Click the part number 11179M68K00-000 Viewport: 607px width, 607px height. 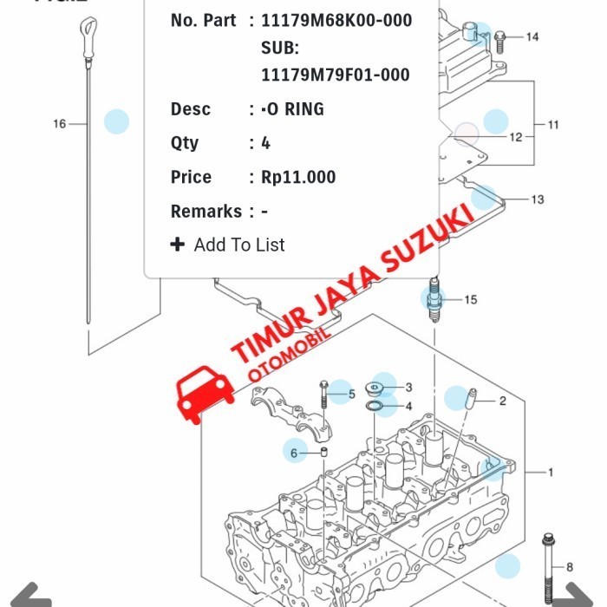tap(336, 20)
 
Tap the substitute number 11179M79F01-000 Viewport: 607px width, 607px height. tap(335, 75)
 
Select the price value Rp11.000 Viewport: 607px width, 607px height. tap(298, 177)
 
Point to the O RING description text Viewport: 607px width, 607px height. tap(293, 109)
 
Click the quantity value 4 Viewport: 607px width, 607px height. tap(265, 143)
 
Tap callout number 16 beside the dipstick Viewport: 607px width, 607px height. tap(59, 124)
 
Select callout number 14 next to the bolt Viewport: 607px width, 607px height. tap(532, 36)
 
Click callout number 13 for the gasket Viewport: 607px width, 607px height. tap(538, 199)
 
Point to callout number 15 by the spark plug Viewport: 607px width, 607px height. tap(470, 300)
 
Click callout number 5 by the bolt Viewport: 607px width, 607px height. tap(351, 395)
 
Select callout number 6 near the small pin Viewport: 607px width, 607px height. tap(293, 453)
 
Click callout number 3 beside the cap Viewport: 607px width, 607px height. tap(408, 387)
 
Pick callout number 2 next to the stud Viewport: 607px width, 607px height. tap(501, 401)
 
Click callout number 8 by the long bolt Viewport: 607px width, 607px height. tap(569, 567)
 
